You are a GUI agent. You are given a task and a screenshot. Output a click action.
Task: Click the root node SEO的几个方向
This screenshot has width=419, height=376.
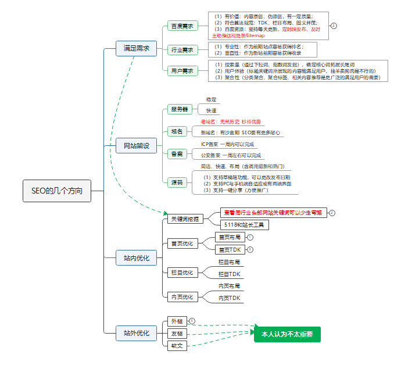coord(57,191)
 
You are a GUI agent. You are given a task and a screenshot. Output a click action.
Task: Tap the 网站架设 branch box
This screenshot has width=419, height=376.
coord(137,146)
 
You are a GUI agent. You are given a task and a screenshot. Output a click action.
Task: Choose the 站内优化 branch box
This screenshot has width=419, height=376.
coord(137,257)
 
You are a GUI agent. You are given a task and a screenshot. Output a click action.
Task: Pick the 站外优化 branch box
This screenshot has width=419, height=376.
coord(137,333)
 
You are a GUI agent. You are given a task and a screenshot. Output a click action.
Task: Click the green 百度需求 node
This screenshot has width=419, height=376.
coord(182,26)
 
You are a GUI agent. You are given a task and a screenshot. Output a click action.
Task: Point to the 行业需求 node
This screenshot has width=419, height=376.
coord(182,49)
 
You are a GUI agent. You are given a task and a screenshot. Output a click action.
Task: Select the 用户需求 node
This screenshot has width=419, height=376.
coord(182,71)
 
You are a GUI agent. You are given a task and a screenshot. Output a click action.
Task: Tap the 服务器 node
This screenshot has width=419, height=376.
coord(179,109)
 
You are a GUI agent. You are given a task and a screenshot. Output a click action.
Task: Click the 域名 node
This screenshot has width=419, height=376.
coord(177,131)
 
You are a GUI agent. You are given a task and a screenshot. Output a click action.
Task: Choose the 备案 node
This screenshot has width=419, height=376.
coord(177,154)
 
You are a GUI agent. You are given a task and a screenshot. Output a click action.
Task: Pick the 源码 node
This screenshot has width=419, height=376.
coord(177,182)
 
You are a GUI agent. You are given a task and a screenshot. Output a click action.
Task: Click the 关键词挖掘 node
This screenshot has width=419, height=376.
coord(184,219)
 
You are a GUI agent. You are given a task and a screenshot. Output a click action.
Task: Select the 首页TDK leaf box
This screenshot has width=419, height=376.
coord(230,249)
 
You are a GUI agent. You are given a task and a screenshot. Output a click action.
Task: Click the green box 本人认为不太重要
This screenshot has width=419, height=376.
coord(287,334)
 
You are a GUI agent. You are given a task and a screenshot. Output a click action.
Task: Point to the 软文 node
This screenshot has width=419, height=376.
coord(176,346)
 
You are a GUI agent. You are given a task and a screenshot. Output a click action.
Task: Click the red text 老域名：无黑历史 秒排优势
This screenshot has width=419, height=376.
coord(231,121)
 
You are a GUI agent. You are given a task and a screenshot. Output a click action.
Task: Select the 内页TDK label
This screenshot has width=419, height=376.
coord(230,298)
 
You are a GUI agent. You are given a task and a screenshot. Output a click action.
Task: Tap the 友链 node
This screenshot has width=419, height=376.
coord(176,334)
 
